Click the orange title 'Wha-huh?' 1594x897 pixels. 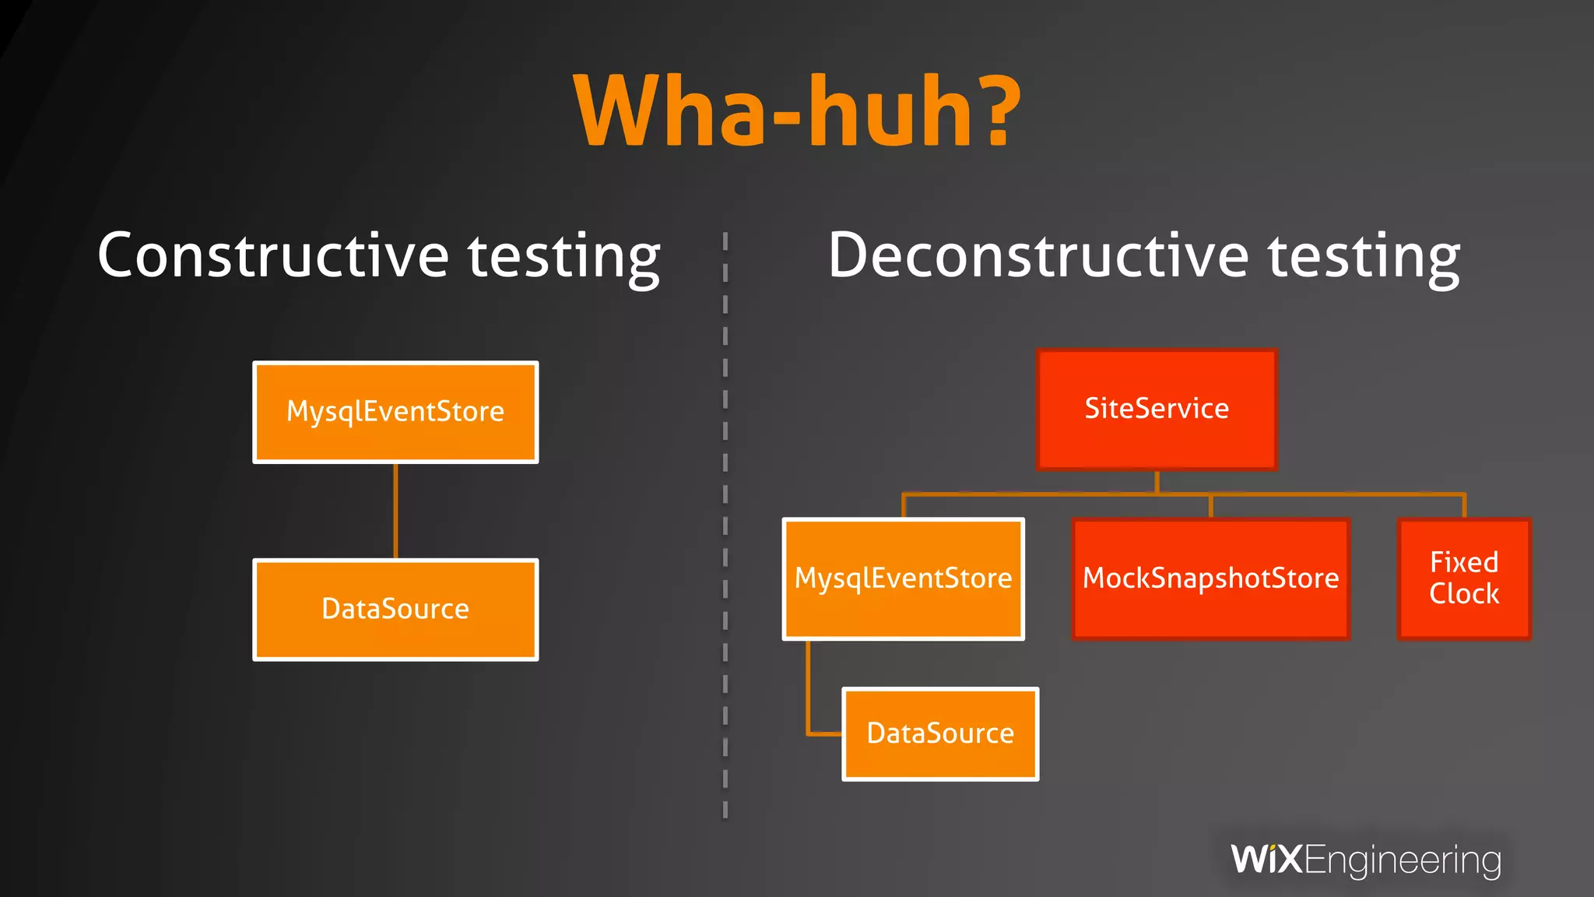[x=796, y=111]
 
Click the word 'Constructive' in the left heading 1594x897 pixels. [x=273, y=256]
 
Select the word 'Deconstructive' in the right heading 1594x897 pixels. [x=1038, y=256]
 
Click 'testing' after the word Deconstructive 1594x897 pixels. [x=1364, y=258]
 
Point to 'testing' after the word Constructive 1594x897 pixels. [x=564, y=258]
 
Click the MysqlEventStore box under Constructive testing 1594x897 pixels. [x=395, y=412]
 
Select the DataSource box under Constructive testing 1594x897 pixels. [x=395, y=609]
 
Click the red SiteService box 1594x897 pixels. [x=1157, y=409]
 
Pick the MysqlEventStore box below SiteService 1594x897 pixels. [x=903, y=579]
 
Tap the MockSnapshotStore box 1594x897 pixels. [x=1210, y=579]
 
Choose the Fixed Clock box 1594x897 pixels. [x=1464, y=579]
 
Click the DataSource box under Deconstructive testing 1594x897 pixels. [x=940, y=733]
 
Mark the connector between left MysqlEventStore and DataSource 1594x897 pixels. [x=395, y=511]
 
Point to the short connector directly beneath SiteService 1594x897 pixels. [x=1157, y=482]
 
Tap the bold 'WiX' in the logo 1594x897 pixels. [x=1266, y=860]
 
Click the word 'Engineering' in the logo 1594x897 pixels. [x=1403, y=861]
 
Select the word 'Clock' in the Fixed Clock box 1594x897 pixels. [x=1464, y=594]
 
